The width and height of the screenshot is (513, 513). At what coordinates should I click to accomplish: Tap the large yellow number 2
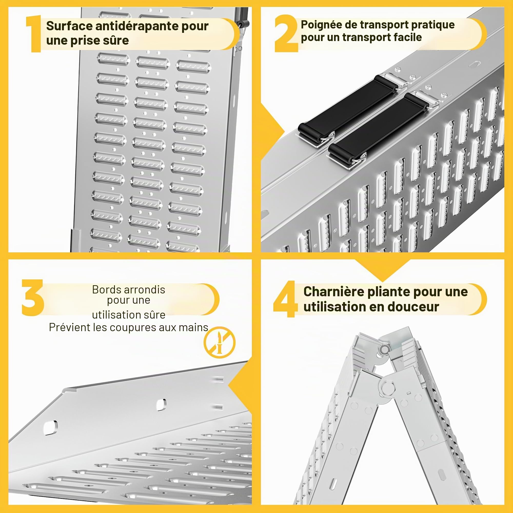point(286,33)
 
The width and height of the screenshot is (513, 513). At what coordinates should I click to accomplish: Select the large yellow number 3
point(33,298)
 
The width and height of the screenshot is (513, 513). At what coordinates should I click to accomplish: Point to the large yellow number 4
point(285,299)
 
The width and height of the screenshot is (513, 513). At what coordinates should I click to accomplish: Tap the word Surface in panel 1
point(69,26)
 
